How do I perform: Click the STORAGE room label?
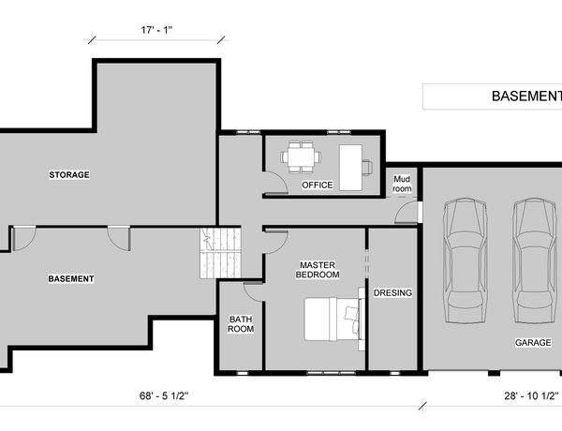pos(69,174)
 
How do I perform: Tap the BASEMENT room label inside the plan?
pos(71,278)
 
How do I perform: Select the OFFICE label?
pos(318,185)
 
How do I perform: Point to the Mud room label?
pos(402,184)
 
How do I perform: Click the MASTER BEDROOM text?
pos(318,270)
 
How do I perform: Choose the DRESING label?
pos(392,293)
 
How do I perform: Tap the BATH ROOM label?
pos(241,324)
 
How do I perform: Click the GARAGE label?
pos(533,342)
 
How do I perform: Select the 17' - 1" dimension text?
pos(156,30)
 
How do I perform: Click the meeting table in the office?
pos(301,157)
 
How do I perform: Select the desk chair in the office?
pos(367,167)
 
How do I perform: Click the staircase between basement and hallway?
pos(220,253)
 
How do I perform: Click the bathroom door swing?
pos(254,291)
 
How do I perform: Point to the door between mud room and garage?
pos(407,213)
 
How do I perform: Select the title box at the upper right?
pos(492,97)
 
